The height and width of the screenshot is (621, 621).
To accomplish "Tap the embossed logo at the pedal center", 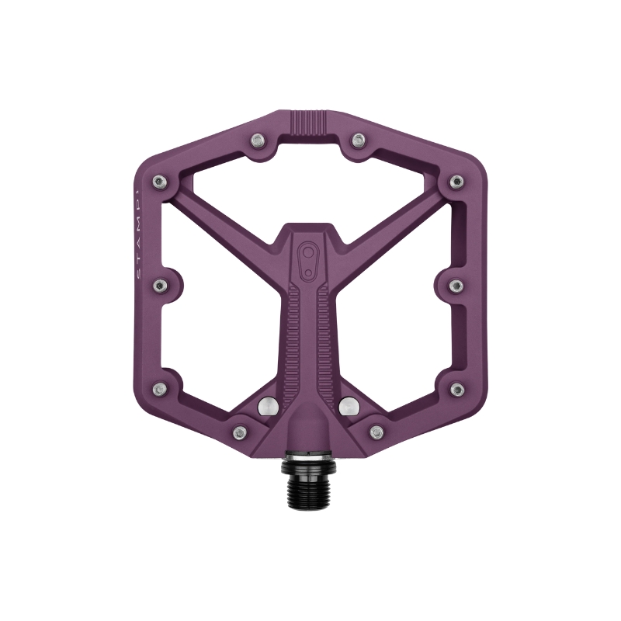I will (310, 260).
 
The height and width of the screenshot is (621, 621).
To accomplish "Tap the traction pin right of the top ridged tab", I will (358, 141).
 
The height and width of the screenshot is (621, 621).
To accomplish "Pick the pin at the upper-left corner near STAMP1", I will (160, 182).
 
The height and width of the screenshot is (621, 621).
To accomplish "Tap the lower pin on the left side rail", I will (161, 388).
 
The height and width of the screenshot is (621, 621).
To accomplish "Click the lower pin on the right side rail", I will (457, 388).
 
